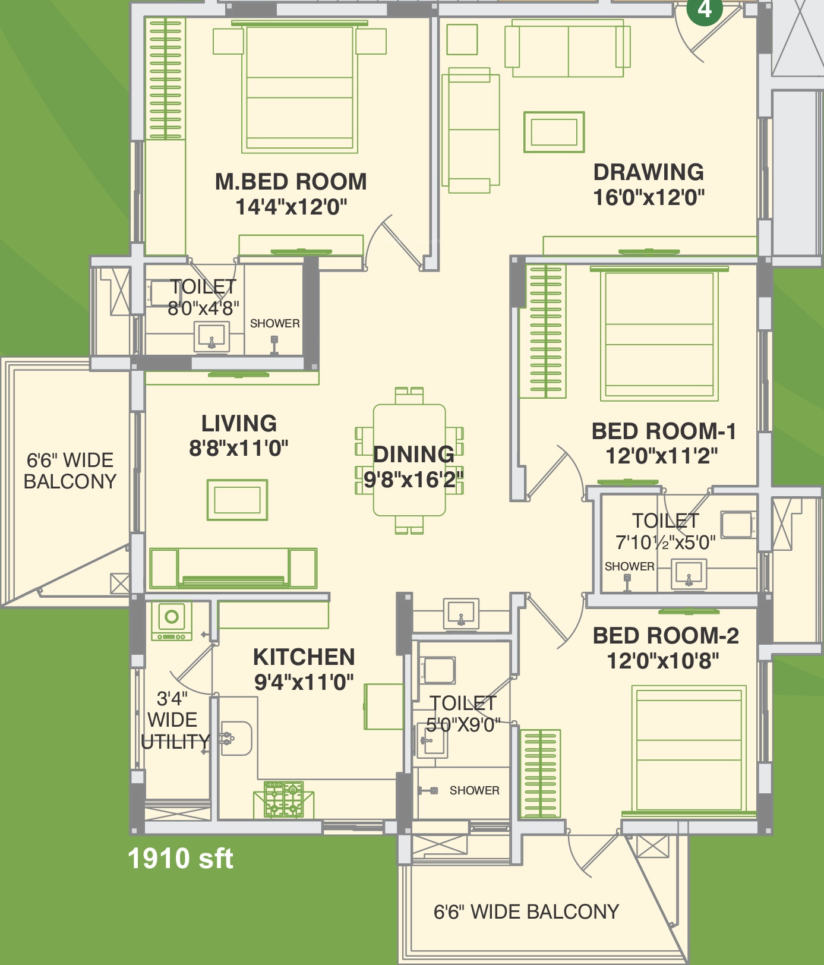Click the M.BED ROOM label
291,182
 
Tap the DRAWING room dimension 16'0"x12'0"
649,197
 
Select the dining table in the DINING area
409,461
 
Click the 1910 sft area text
181,859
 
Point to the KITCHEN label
304,657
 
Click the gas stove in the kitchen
284,799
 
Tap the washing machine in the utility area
172,621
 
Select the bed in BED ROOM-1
659,335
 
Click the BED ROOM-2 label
666,636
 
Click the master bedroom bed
299,88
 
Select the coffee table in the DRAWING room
554,132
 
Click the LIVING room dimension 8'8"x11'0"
239,448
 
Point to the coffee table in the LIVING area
237,500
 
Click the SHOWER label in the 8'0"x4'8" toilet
274,324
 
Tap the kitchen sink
236,739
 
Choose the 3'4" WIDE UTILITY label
175,720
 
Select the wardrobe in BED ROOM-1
543,331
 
